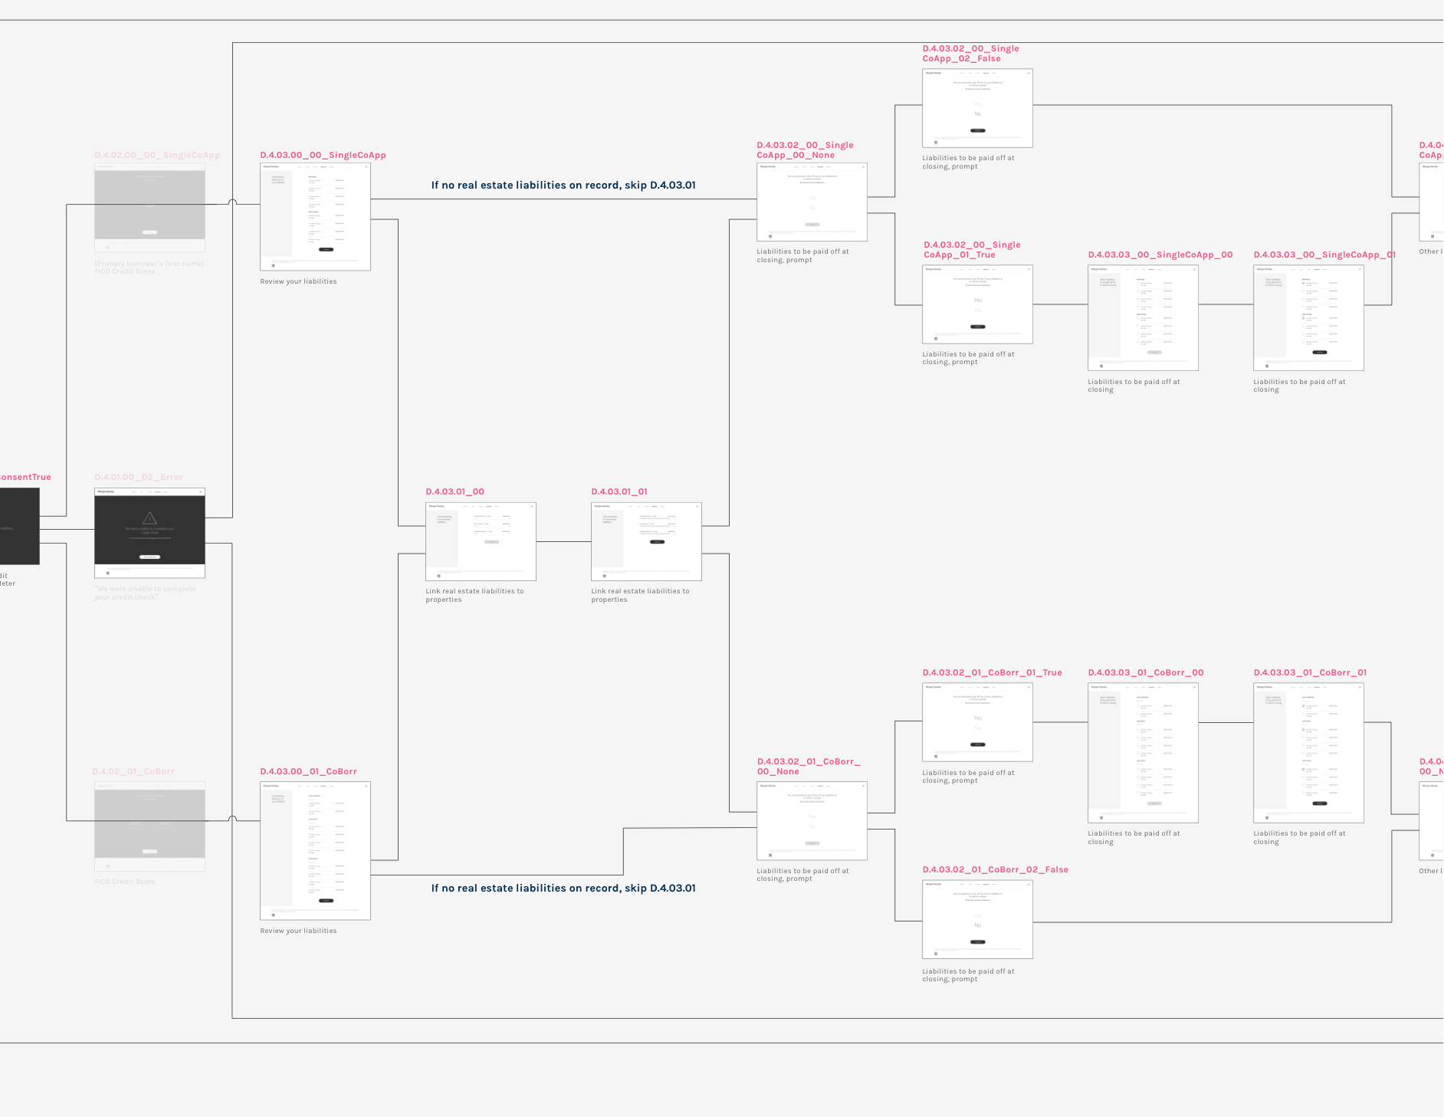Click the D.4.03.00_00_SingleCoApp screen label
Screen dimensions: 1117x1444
323,155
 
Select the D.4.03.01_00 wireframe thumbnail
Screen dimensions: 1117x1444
481,541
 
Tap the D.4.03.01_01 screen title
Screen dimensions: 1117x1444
619,491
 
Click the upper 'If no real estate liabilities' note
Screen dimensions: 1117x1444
563,185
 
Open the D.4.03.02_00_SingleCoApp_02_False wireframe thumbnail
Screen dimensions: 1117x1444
977,108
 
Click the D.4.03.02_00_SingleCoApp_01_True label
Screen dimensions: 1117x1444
972,250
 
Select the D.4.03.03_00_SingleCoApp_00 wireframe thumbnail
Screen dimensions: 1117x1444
1143,317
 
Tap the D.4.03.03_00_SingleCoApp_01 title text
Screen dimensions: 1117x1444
1324,255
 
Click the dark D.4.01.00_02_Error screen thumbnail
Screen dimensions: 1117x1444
149,532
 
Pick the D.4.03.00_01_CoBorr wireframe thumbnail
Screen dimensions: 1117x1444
315,850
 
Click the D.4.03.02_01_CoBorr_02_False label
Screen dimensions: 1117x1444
995,869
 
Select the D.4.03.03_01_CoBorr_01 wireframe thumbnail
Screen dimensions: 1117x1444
1308,753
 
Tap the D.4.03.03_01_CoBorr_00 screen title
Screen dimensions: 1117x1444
1145,672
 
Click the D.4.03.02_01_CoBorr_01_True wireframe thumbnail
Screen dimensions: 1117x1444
977,722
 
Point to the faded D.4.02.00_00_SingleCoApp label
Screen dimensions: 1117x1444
157,155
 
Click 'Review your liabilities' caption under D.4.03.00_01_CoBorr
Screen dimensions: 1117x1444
298,931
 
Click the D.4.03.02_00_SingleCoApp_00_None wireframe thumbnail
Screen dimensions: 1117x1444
812,202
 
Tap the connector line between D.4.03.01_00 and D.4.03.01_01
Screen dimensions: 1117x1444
563,542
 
